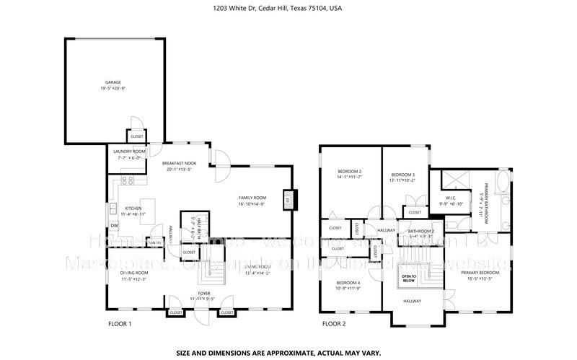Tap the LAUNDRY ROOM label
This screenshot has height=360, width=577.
coord(130,152)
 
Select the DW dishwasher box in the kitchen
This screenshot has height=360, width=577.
coord(114,225)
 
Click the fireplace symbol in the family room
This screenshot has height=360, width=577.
coord(289,200)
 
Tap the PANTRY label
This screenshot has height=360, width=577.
coord(154,241)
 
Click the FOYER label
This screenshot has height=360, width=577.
coord(204,293)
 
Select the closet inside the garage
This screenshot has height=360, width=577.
coord(136,135)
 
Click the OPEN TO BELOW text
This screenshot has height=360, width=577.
coord(409,277)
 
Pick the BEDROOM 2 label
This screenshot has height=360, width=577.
coord(349,171)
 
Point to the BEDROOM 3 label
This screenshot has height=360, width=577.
coord(403,175)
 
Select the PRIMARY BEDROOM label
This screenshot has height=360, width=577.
coord(480,273)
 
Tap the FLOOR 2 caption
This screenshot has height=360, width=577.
coord(333,324)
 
